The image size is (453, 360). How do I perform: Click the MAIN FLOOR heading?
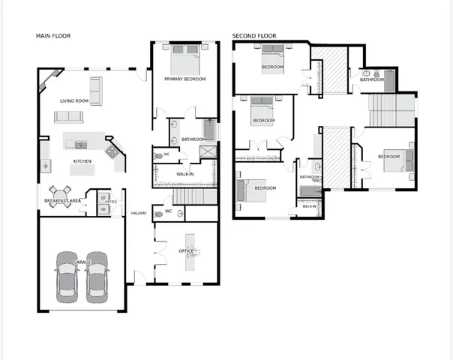click(x=53, y=36)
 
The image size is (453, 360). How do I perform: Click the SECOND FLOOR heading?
click(x=254, y=36)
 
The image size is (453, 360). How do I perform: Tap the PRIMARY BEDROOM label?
click(x=185, y=79)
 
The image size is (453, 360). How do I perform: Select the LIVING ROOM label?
click(x=74, y=100)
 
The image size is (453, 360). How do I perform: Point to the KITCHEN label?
click(x=82, y=161)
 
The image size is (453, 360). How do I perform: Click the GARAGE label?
click(x=82, y=262)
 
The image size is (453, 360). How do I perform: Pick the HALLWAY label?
click(x=139, y=213)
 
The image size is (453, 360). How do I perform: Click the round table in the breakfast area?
click(x=60, y=196)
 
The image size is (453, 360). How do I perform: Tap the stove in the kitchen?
click(x=111, y=151)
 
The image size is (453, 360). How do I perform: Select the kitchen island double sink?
click(x=81, y=145)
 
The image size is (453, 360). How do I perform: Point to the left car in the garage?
click(x=67, y=277)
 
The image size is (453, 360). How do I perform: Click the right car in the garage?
click(x=97, y=277)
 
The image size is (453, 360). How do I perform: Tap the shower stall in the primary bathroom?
click(x=208, y=151)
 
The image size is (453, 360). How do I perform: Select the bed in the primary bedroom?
click(x=185, y=60)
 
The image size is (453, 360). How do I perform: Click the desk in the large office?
click(x=190, y=252)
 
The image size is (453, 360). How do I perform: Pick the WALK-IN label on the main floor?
click(x=185, y=174)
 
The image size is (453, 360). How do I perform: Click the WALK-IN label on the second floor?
click(x=309, y=206)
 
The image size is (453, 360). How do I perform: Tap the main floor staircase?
click(x=195, y=196)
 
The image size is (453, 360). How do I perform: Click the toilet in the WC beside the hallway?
click(x=158, y=214)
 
